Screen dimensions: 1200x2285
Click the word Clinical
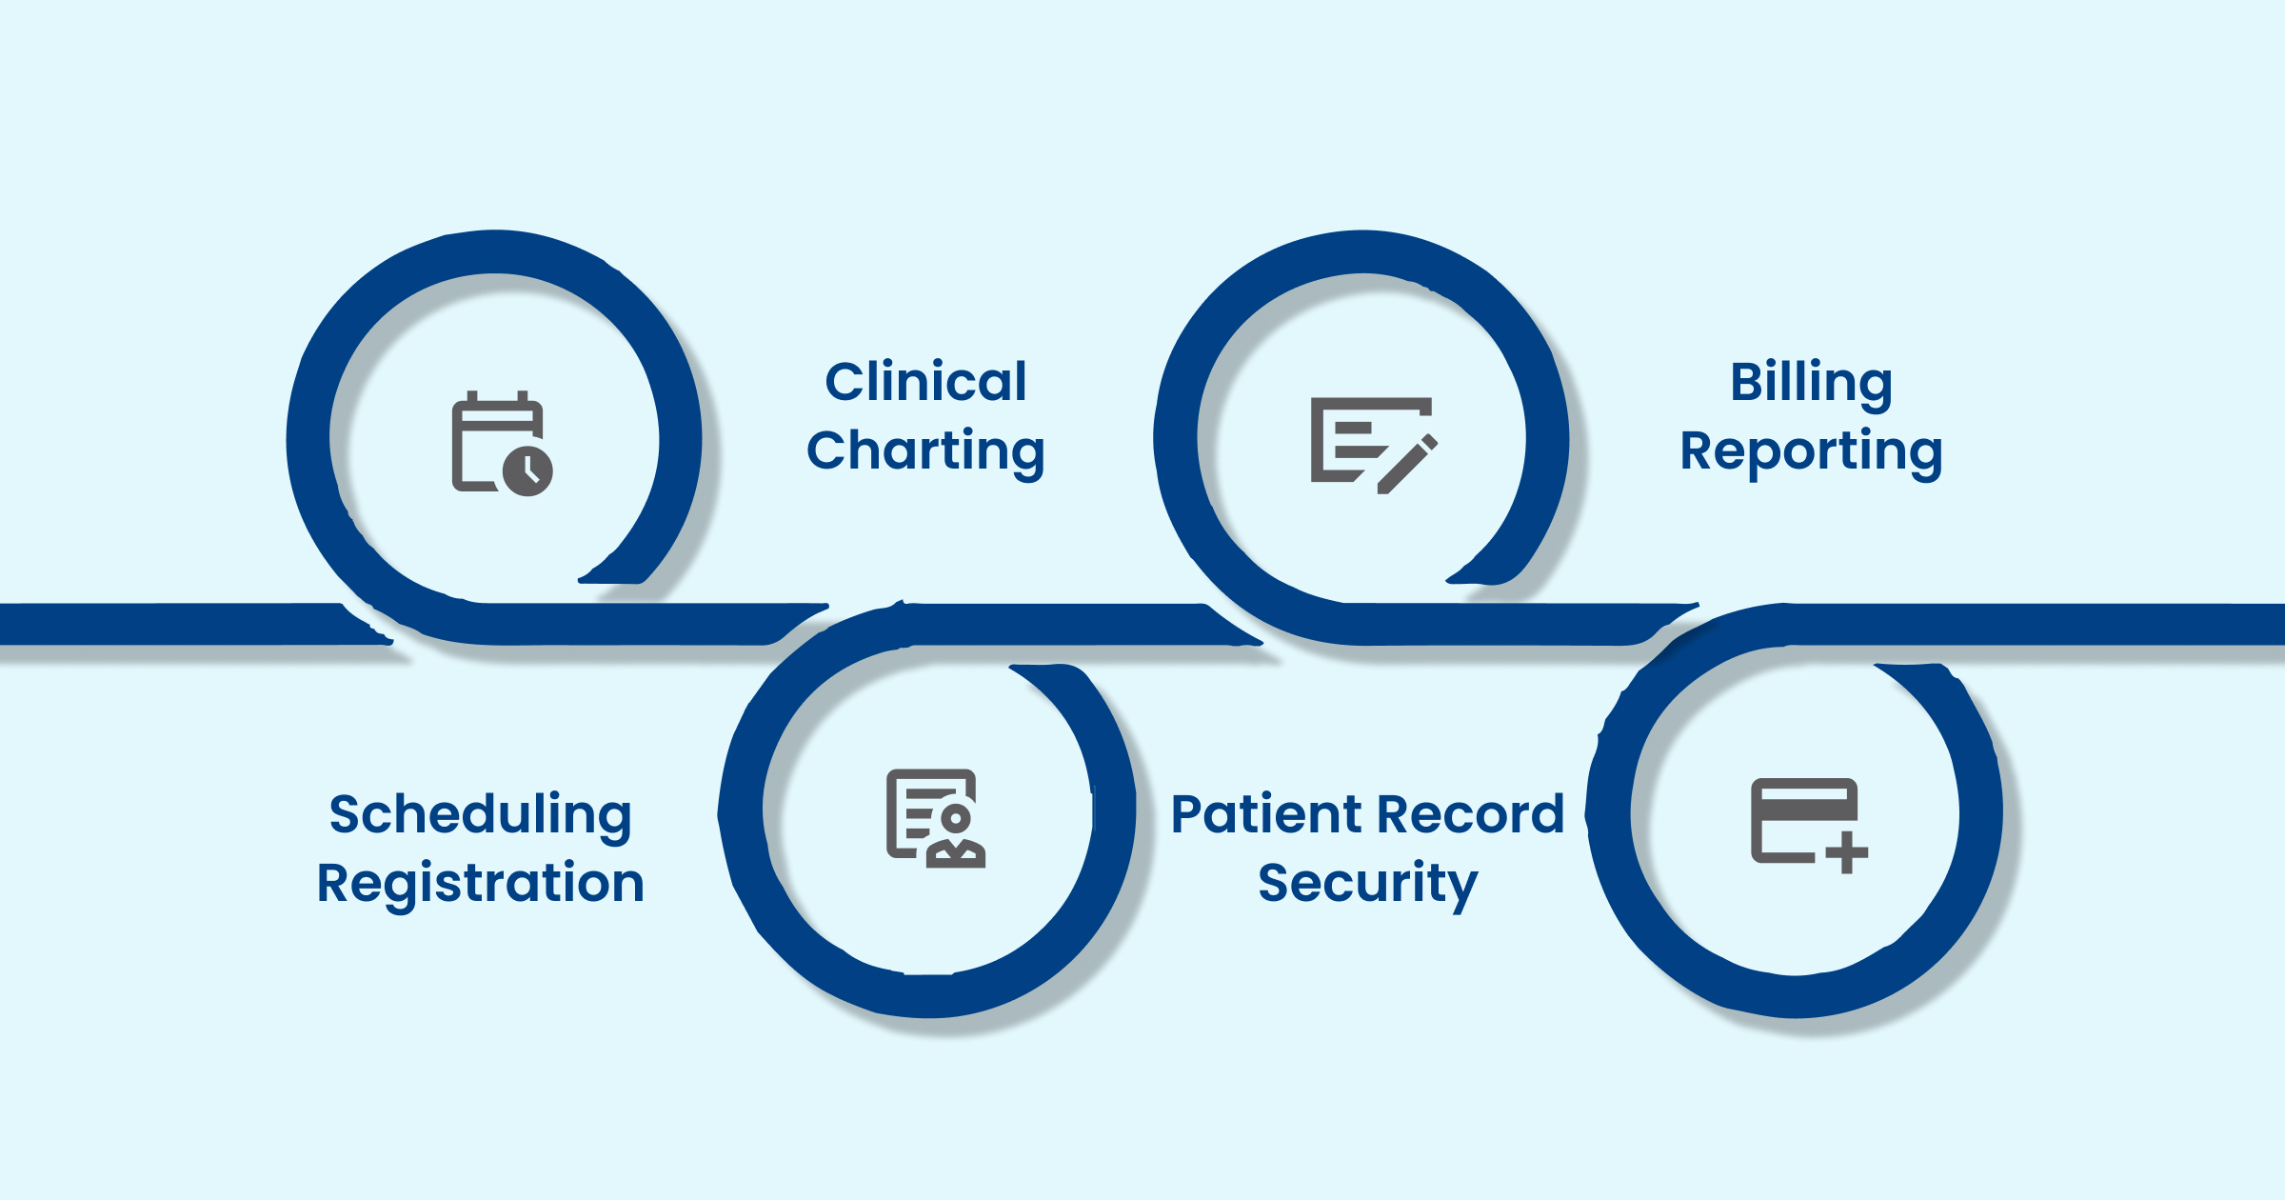[925, 382]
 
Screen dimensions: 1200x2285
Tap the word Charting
[925, 450]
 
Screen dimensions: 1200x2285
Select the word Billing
[1811, 383]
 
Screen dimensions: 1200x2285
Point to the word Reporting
[1811, 451]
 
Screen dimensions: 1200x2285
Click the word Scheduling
[480, 815]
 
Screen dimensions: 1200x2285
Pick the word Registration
[480, 884]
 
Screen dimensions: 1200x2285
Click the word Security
[1367, 884]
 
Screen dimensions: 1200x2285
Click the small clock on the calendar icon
[527, 470]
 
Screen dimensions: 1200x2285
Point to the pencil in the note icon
[1408, 465]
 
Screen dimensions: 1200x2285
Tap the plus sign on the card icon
[1847, 852]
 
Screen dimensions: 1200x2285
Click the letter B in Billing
[1746, 382]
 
